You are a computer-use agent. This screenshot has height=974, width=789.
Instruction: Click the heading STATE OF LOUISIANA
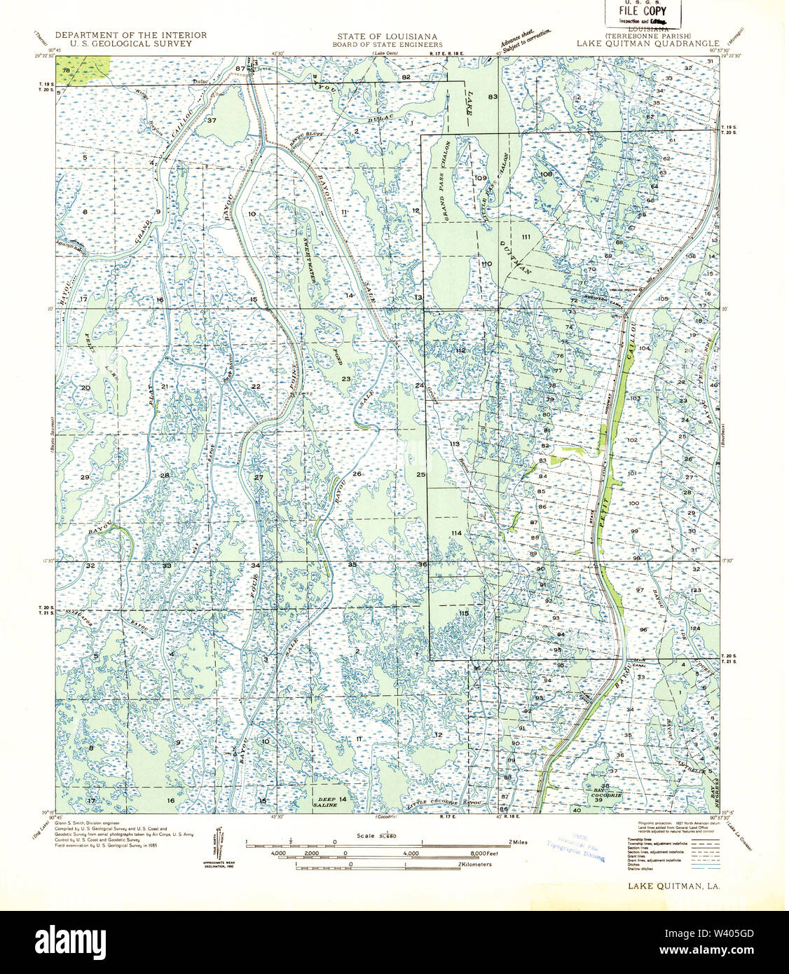pos(387,36)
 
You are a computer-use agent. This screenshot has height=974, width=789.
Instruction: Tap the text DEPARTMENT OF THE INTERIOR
pos(131,35)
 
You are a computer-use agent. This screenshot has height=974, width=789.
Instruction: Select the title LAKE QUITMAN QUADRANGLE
pos(643,43)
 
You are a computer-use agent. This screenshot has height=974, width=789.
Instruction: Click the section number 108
pos(547,174)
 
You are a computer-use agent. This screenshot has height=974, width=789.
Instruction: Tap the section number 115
pos(463,613)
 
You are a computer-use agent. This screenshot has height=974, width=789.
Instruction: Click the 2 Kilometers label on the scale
pos(475,865)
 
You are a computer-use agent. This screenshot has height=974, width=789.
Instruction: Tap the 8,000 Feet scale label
pos(486,853)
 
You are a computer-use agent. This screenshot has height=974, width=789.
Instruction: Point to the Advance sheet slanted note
pos(522,40)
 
